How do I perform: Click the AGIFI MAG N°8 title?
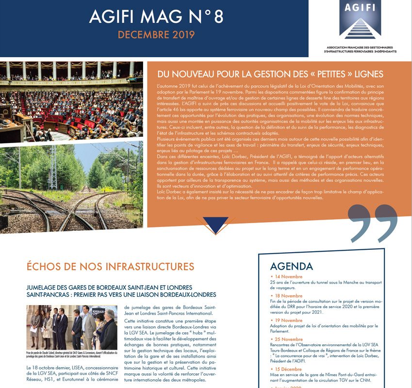tap(156, 17)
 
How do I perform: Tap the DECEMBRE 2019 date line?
tap(156, 35)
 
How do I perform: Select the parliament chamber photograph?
tap(71, 100)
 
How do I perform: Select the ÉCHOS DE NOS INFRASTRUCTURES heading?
tap(110, 266)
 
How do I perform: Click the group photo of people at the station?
tap(72, 327)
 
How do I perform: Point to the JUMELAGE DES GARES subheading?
tap(121, 291)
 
